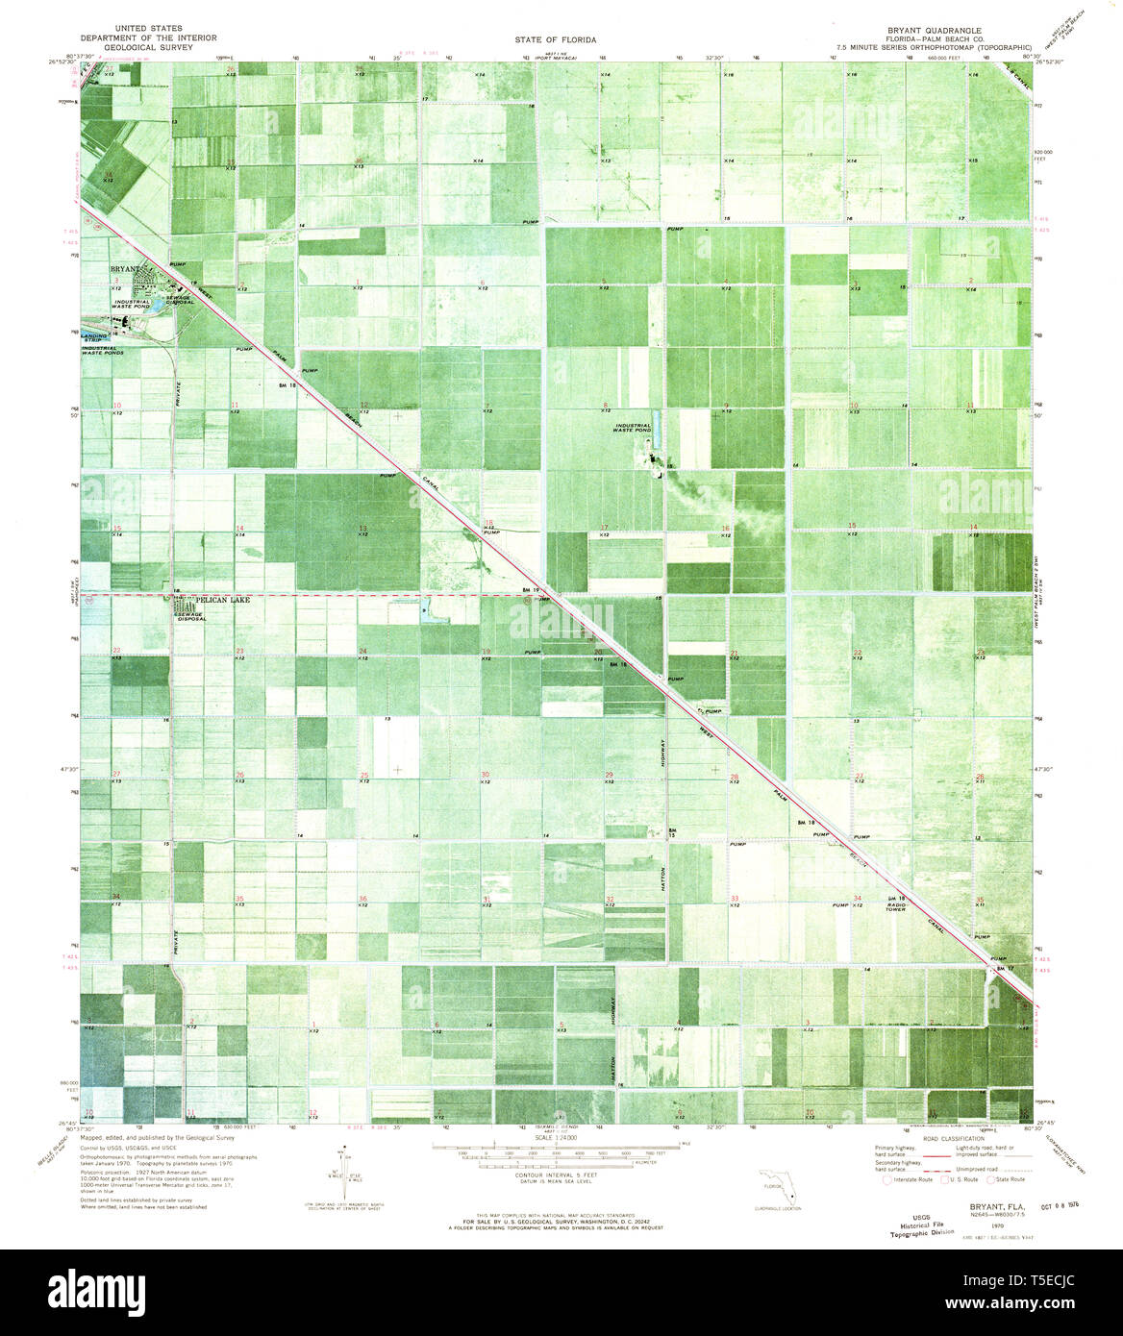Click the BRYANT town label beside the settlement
tap(125, 269)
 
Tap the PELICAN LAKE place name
tap(211, 599)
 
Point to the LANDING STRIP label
tap(95, 336)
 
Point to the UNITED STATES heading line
tap(149, 30)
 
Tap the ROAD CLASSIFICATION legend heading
tap(949, 1138)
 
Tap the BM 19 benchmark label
tap(529, 588)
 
